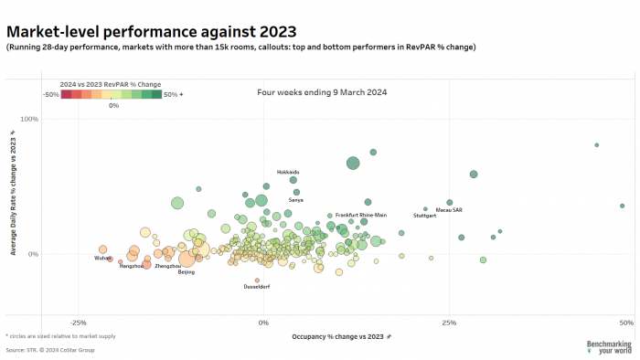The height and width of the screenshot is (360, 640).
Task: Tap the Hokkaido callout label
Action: [288, 172]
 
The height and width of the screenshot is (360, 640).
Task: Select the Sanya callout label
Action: [296, 199]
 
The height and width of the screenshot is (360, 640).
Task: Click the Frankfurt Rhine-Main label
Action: [361, 215]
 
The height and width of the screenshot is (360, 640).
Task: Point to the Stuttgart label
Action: [425, 216]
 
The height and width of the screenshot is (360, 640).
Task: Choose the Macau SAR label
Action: [449, 209]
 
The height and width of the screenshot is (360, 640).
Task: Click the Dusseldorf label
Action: [256, 287]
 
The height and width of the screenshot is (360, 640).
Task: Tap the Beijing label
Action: [187, 271]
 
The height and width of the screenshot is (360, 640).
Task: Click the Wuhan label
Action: [102, 258]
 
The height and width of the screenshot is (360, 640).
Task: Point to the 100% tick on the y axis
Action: [54, 119]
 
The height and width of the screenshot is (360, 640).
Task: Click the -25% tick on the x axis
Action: [79, 323]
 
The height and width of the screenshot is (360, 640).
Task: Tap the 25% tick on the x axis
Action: [448, 323]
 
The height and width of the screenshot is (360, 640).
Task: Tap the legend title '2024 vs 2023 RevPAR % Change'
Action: [111, 84]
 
